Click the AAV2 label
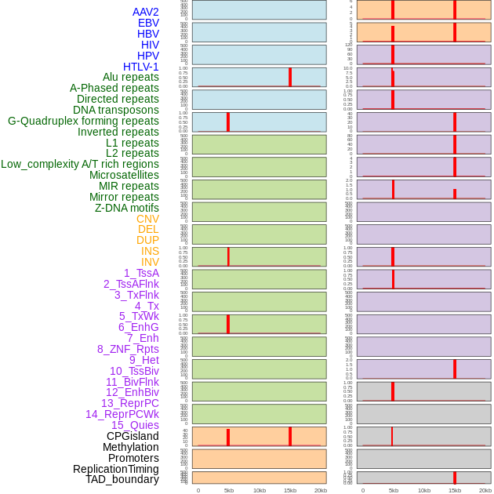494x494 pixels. [x=145, y=12]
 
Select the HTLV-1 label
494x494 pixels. [x=140, y=67]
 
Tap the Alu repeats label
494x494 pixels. [x=130, y=78]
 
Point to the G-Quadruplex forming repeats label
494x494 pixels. [x=83, y=121]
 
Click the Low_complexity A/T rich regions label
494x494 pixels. [x=80, y=164]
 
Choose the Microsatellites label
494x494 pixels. [x=124, y=175]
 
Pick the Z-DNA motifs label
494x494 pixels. [x=127, y=208]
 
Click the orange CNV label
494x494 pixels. [x=147, y=219]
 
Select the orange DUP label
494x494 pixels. [x=147, y=240]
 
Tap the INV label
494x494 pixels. [x=150, y=262]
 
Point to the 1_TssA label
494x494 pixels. [x=141, y=273]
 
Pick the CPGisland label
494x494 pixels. [x=133, y=436]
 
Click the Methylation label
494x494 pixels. [x=130, y=447]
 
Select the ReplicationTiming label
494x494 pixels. [x=115, y=469]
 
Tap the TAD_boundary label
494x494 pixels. [x=122, y=479]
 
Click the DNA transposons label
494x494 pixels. [x=116, y=110]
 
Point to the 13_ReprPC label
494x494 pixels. [x=129, y=403]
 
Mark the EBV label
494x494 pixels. [x=148, y=23]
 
